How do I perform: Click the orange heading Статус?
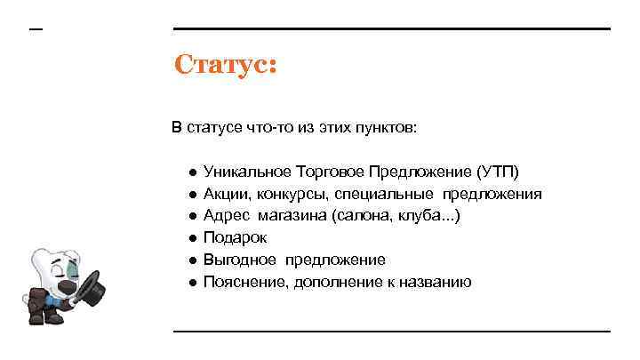226,65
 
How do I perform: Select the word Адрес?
227,215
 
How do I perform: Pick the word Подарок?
235,237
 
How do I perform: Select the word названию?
438,282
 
